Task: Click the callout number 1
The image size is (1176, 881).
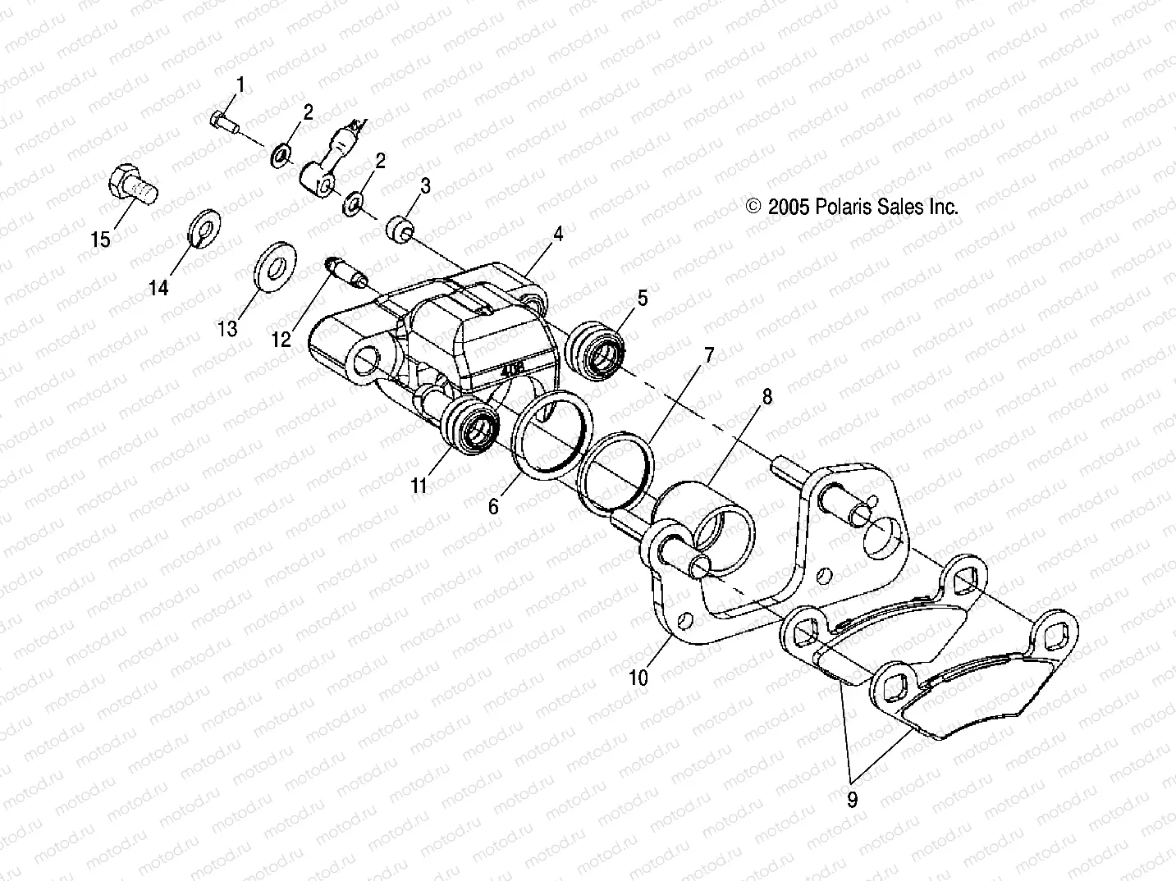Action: (241, 84)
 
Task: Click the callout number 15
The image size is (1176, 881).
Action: (100, 240)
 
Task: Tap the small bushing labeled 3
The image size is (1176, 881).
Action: (400, 229)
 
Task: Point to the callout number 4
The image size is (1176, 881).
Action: (558, 234)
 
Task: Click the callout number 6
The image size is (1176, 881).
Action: (493, 507)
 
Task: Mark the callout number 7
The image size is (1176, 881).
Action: (708, 355)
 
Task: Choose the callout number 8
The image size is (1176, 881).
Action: (767, 397)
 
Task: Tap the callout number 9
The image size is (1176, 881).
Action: (852, 800)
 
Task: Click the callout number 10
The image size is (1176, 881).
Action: (638, 678)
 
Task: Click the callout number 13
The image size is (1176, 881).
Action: (227, 328)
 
